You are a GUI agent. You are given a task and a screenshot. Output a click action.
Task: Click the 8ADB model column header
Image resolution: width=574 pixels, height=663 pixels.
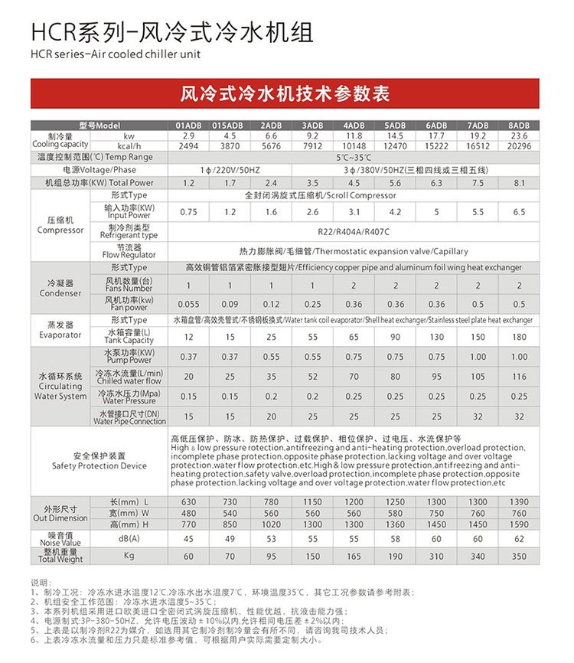(x=519, y=125)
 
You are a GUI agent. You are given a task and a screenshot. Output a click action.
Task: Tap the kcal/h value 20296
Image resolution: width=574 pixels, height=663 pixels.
(x=519, y=145)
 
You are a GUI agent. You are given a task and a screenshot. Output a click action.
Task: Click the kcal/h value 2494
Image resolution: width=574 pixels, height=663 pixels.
(x=188, y=145)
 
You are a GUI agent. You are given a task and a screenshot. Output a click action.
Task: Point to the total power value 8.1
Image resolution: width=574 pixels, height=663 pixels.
(x=519, y=183)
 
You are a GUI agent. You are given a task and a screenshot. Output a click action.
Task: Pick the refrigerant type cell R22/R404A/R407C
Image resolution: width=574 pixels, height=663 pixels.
(x=353, y=231)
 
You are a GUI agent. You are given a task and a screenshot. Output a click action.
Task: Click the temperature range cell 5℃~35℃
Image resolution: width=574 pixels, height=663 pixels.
(x=353, y=157)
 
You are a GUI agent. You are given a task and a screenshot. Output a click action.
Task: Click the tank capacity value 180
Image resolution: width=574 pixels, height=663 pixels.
(x=519, y=337)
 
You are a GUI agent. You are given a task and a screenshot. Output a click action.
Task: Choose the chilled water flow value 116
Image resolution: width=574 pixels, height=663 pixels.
(x=519, y=377)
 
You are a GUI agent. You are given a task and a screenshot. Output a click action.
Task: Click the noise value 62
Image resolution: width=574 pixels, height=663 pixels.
(x=519, y=539)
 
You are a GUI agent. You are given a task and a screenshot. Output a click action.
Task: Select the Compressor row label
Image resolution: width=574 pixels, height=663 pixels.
(x=60, y=226)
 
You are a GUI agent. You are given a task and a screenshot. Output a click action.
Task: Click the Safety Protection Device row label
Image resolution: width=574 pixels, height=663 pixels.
(x=99, y=461)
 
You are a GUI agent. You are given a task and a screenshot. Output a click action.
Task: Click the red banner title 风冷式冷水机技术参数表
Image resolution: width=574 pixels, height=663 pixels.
(x=285, y=94)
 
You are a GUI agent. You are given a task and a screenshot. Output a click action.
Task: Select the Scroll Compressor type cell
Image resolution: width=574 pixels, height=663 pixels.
(x=353, y=196)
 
